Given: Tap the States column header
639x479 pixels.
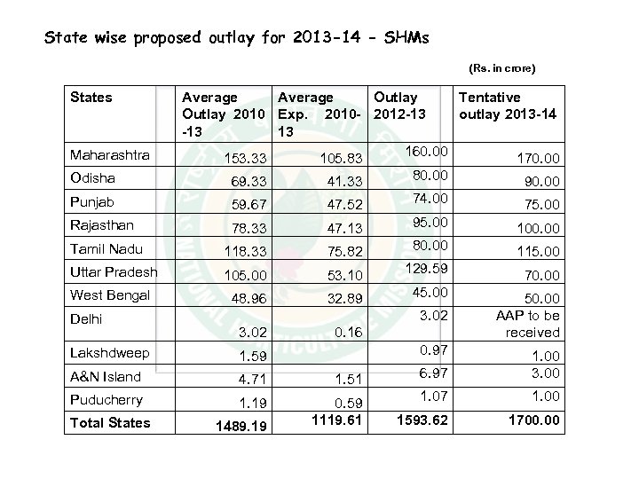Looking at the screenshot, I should coord(91,97).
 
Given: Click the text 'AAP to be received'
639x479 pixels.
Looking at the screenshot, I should coord(527,324).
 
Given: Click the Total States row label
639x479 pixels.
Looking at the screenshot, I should coord(110,422).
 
